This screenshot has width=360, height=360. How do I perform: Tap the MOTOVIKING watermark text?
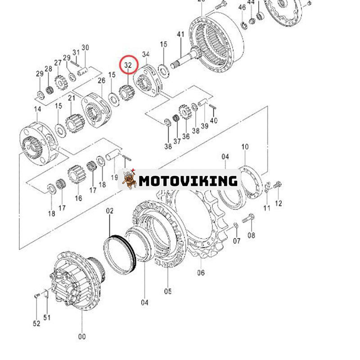188,181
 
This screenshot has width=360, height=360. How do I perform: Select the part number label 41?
181,35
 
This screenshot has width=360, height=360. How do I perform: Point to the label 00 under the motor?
81,336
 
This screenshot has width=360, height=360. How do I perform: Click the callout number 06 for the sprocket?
201,272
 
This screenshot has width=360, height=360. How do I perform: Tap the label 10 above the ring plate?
245,147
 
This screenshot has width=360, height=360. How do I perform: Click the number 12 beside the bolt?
279,203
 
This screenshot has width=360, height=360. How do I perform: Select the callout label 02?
110,211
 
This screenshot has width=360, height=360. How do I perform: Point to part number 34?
146,54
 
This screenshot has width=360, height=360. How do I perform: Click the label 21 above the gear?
72,99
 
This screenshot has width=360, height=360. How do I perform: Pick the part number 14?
37,109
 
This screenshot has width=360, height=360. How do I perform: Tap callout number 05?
168,291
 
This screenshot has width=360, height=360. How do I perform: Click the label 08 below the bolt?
251,235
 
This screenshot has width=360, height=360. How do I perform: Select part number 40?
214,120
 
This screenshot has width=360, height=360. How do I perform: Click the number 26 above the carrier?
101,81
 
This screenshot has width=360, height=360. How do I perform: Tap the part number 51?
47,317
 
